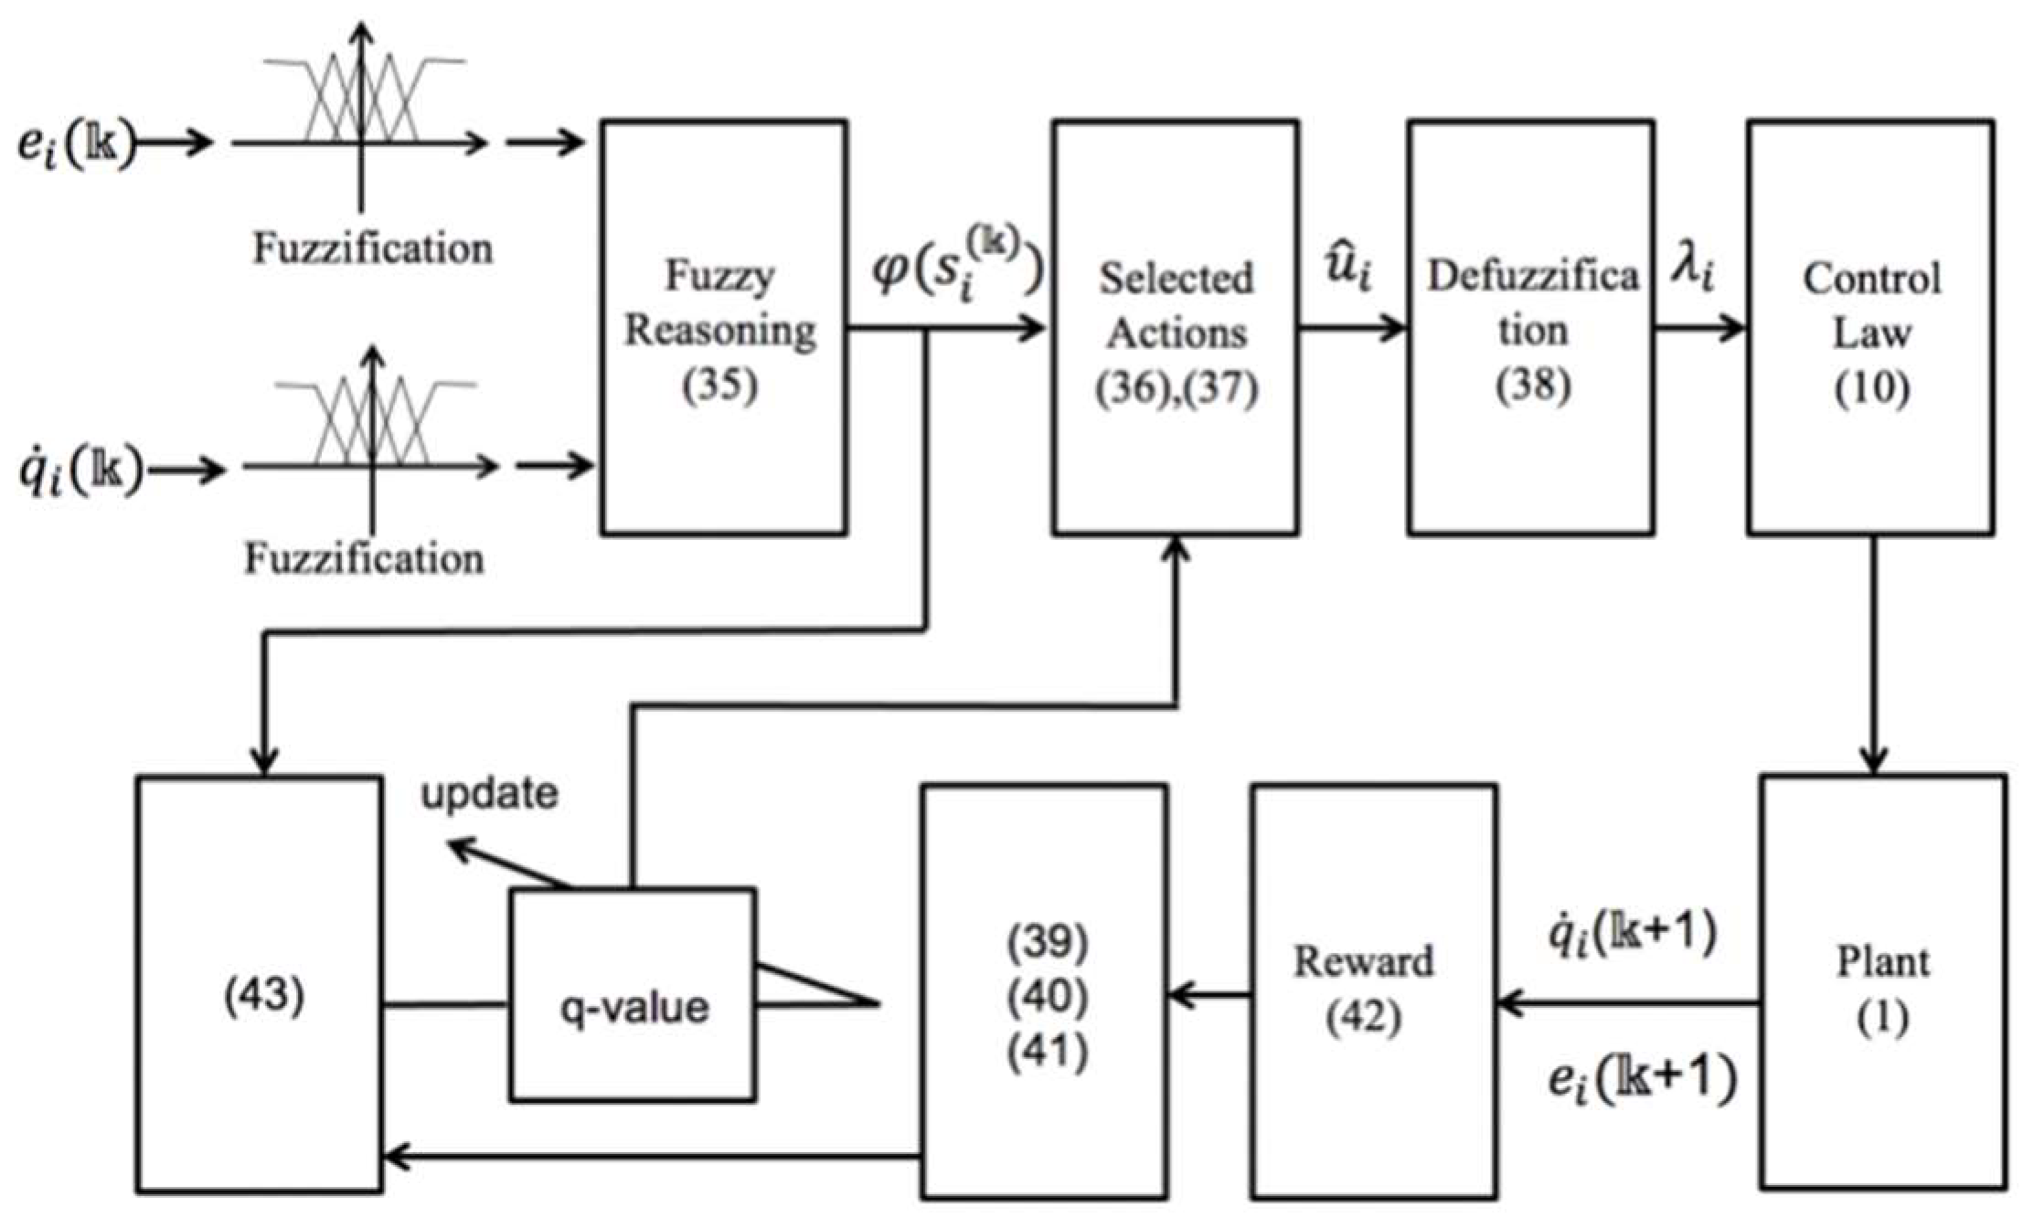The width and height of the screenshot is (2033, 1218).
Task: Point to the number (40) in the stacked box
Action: pos(1047,996)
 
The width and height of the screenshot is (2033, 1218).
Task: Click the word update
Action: pos(489,793)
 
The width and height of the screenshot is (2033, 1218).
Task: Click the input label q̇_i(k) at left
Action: pos(80,471)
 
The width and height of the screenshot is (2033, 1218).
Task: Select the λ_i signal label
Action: pos(1692,270)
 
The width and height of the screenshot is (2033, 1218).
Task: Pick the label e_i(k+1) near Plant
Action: pos(1642,1078)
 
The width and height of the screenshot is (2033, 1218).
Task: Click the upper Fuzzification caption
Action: pos(372,248)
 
